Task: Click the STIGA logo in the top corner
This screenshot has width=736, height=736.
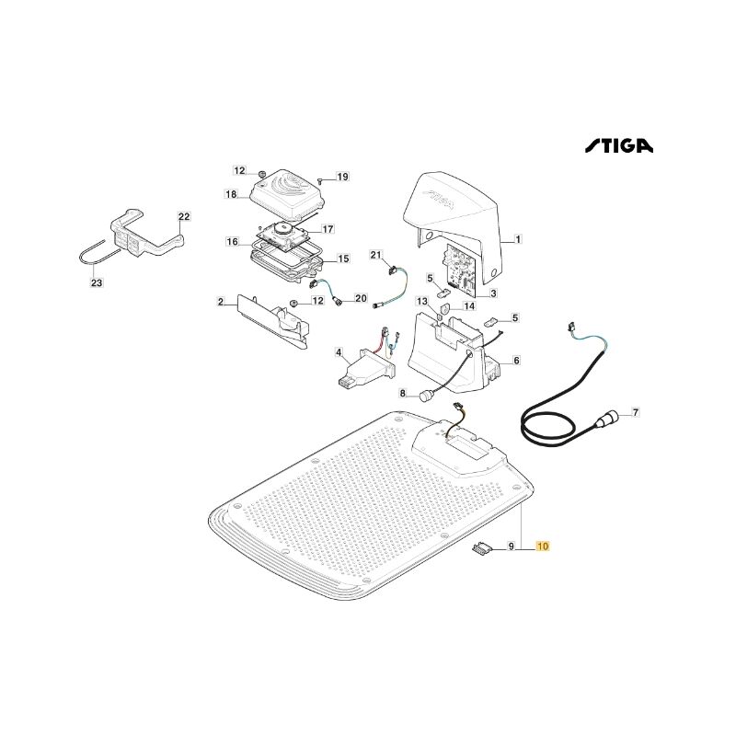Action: [x=618, y=145]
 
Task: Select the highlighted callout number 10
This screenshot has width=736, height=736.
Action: [x=543, y=546]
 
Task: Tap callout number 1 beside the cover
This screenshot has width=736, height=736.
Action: [x=518, y=239]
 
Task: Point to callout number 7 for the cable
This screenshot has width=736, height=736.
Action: [x=636, y=413]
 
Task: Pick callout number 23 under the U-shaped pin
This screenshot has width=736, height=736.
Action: [x=97, y=282]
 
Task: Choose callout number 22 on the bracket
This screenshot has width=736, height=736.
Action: [x=184, y=216]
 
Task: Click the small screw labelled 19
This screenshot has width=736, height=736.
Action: [x=319, y=179]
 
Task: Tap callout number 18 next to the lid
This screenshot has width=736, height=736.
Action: [x=231, y=194]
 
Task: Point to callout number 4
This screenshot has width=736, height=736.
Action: [x=339, y=352]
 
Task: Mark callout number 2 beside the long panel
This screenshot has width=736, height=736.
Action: [x=221, y=302]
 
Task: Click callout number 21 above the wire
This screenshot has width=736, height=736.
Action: [x=376, y=255]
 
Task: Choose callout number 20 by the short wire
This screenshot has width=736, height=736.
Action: [x=361, y=298]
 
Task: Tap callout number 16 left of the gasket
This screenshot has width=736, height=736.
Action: [x=233, y=242]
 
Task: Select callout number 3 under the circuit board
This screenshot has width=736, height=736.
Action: [x=493, y=293]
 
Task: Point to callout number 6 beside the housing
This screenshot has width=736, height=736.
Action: [x=516, y=361]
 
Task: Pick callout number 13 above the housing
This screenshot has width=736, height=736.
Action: [x=422, y=301]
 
